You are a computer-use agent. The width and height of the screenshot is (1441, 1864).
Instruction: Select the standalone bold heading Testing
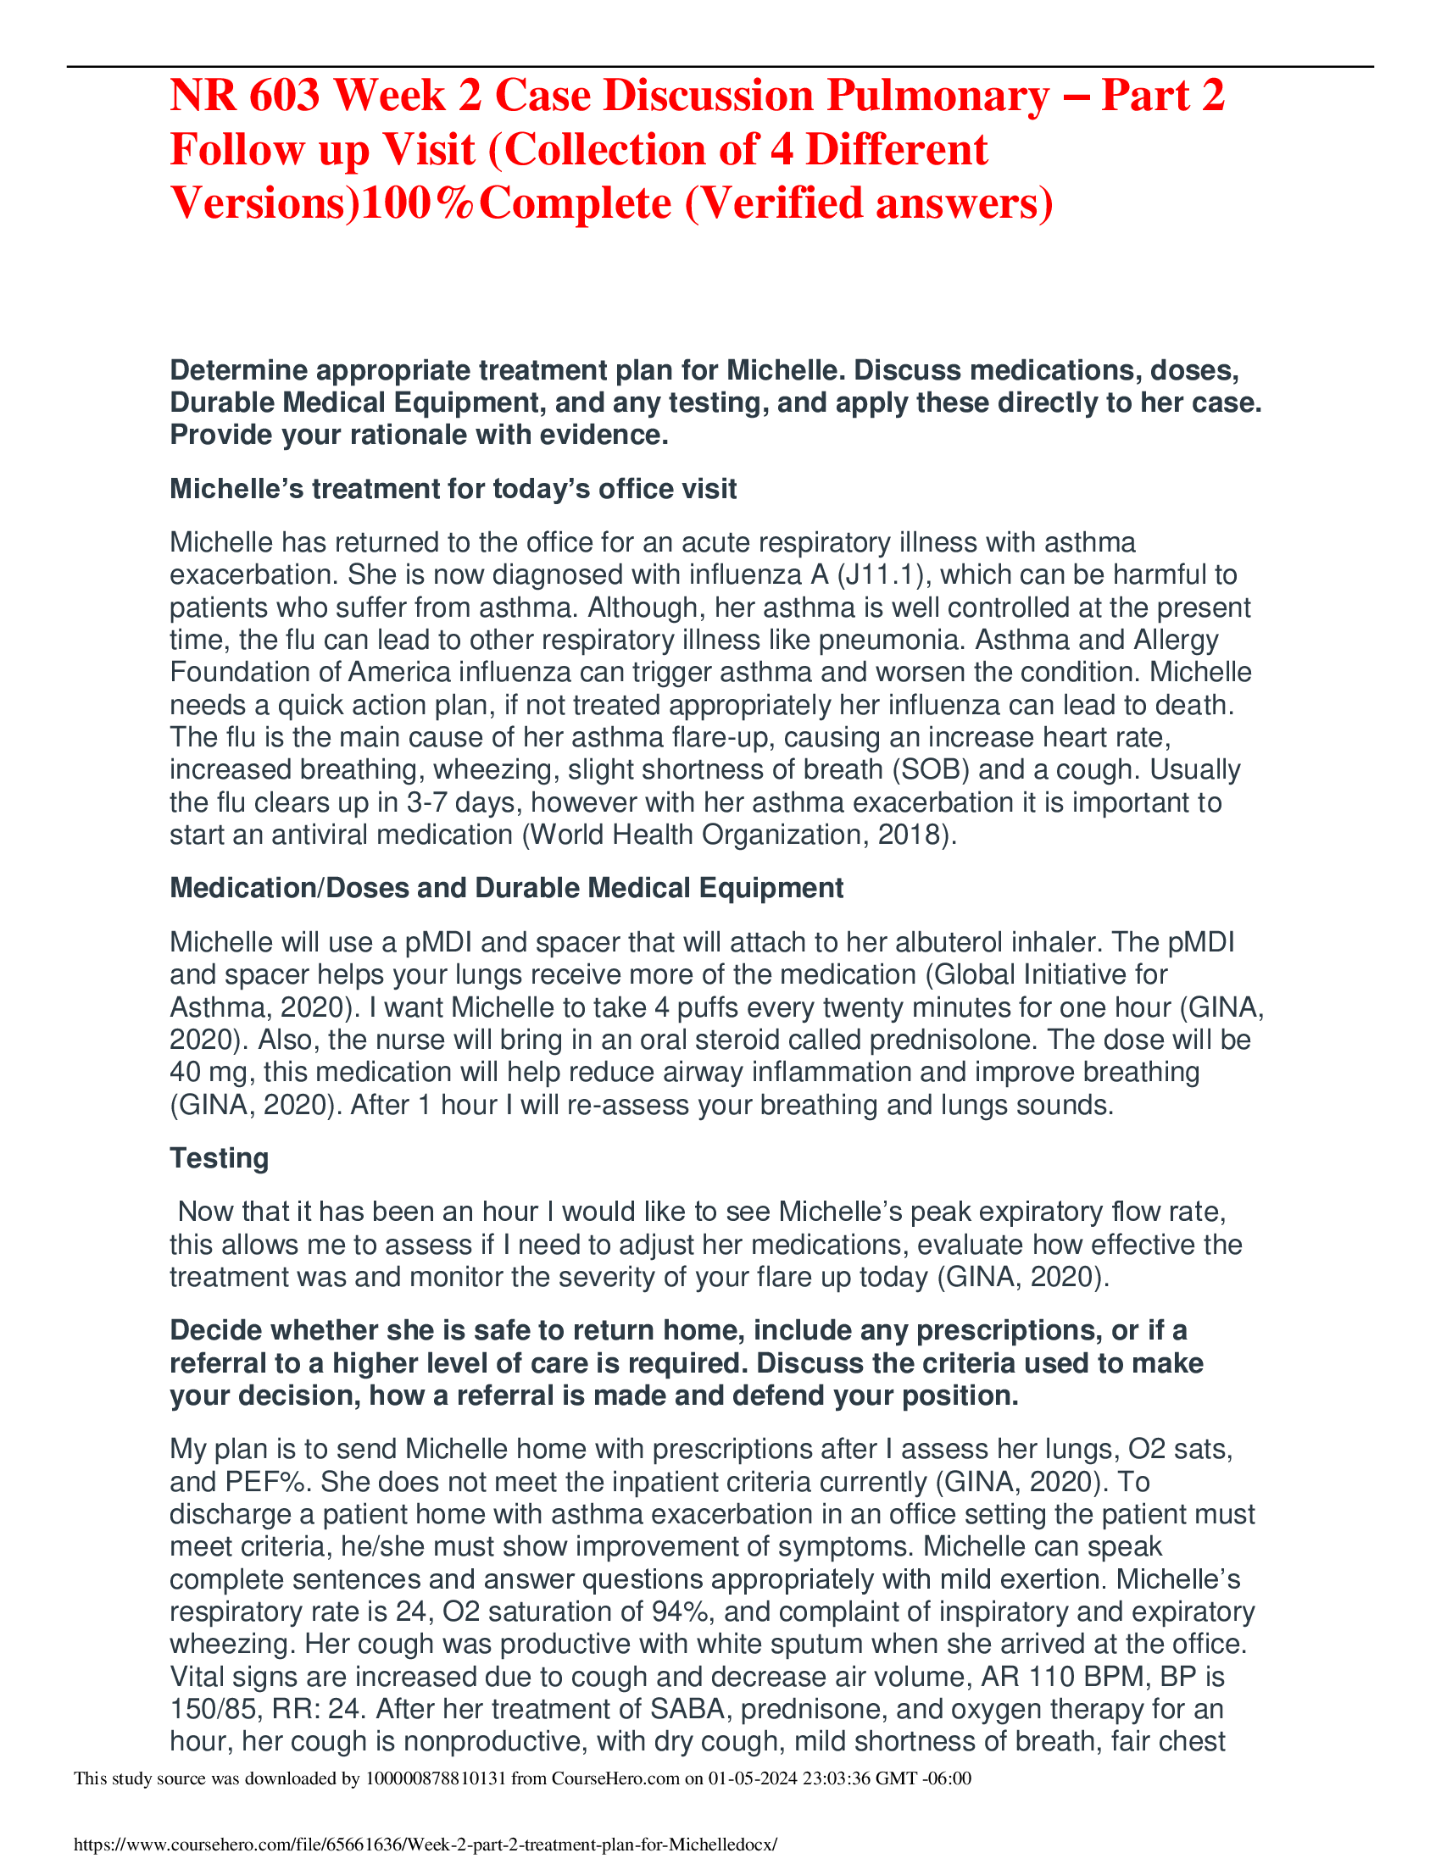(220, 1158)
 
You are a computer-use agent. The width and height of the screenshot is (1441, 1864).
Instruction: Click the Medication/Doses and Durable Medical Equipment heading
(506, 888)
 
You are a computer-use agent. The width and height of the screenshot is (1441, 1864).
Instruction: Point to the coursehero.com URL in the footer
(426, 1845)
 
